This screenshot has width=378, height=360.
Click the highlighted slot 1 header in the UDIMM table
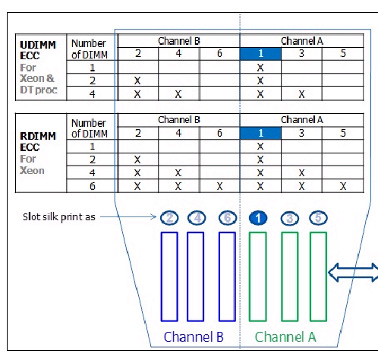[260, 54]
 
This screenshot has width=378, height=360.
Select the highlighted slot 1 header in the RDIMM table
[260, 133]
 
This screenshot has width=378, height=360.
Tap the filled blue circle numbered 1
[258, 218]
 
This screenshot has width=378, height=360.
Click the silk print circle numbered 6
[228, 218]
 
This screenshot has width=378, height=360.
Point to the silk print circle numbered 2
[169, 218]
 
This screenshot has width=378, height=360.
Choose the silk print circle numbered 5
[318, 218]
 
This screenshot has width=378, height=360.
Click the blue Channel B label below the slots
[194, 337]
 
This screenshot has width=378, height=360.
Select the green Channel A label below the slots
[285, 337]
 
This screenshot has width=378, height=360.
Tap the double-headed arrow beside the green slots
[353, 273]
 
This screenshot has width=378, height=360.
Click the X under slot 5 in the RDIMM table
[343, 186]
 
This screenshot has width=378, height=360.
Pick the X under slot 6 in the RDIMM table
[219, 186]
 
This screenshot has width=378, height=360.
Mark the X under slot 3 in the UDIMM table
[301, 94]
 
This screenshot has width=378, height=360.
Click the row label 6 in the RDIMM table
[93, 186]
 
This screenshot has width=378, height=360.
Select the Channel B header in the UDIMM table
[179, 41]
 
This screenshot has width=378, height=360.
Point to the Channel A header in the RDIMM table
[302, 120]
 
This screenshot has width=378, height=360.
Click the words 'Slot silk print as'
[59, 217]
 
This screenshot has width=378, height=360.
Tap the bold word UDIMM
[38, 45]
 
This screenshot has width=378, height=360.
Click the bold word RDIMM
[38, 136]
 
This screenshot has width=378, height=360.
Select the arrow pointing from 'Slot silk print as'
[128, 217]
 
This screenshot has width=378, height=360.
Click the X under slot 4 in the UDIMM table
[178, 94]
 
